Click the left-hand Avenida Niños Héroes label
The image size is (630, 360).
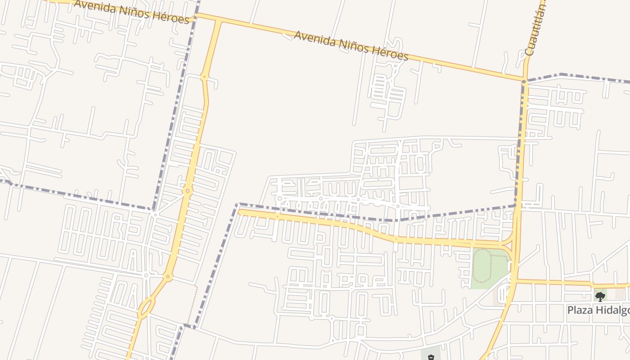point(131,12)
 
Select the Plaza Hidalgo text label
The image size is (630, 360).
point(598,310)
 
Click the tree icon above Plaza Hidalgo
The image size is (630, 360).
point(600,296)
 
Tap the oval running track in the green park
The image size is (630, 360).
point(483,265)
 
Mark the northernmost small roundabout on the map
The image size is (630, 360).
point(204,76)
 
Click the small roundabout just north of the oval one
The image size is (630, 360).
point(168,277)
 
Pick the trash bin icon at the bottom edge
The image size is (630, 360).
point(431,357)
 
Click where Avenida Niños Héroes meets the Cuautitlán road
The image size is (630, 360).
point(525,81)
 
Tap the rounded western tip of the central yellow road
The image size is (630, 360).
point(241,212)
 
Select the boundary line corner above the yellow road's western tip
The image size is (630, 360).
point(238,204)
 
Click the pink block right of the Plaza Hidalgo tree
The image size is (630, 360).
point(620,293)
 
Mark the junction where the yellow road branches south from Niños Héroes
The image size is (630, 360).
point(219,21)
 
